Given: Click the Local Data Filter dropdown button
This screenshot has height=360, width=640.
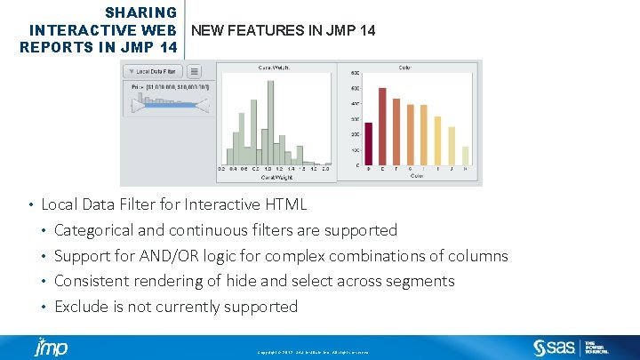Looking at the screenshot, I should (153, 71).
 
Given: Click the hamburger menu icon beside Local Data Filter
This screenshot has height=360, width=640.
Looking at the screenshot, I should (195, 71).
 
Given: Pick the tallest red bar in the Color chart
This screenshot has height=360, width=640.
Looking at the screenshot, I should (382, 125).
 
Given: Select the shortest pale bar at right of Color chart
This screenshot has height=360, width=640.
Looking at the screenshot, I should (466, 156).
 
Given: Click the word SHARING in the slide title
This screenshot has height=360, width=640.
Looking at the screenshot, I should (140, 12).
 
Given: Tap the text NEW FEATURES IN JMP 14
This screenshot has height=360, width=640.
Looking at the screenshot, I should (283, 30).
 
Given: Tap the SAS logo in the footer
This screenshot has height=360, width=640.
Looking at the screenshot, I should (555, 347).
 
